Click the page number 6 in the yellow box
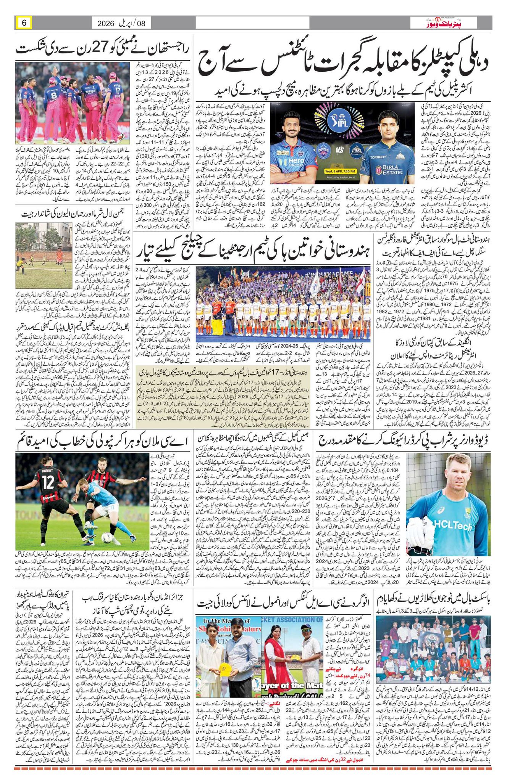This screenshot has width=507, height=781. click(x=24, y=23)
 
